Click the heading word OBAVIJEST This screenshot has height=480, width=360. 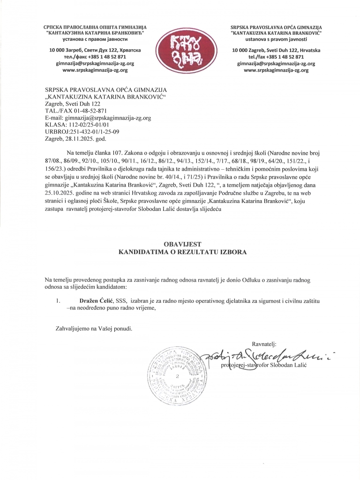click(x=180, y=244)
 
